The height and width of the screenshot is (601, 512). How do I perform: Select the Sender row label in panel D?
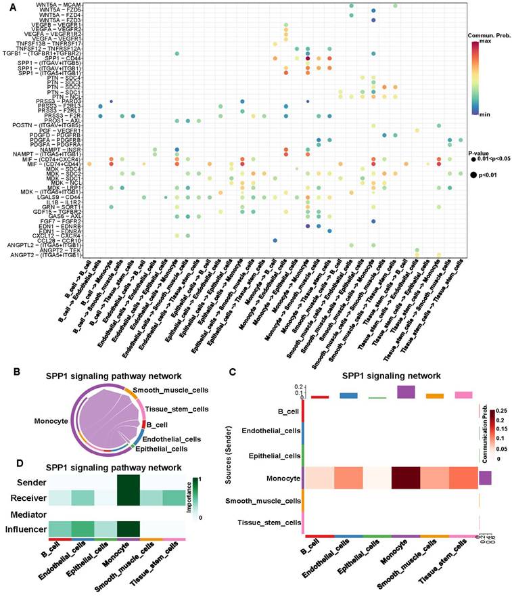(x=31, y=482)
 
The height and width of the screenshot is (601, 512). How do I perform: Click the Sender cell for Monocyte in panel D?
(x=123, y=482)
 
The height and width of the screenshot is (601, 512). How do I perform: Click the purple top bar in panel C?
(x=406, y=393)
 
